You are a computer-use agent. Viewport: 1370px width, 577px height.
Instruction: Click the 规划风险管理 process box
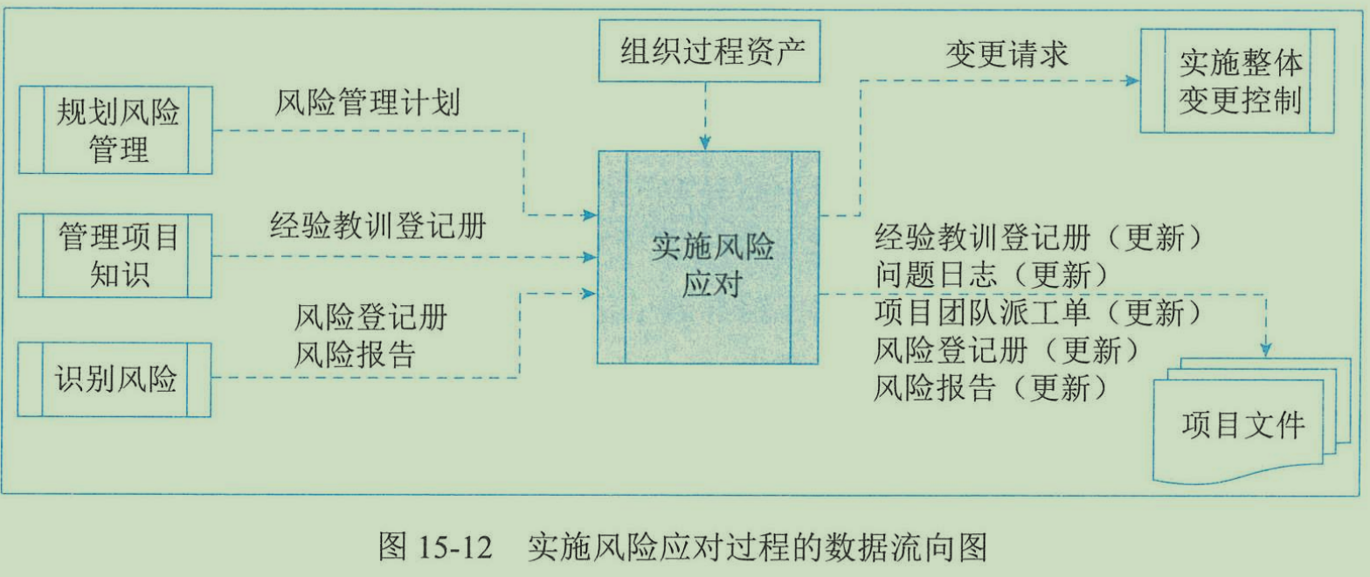click(x=115, y=130)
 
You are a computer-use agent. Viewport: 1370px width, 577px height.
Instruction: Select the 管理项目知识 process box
click(x=115, y=255)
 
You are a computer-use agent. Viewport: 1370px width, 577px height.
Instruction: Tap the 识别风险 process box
click(x=115, y=379)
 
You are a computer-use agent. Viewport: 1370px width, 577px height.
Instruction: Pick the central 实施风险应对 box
click(x=709, y=257)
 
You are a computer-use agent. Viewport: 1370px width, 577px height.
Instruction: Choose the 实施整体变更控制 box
click(x=1236, y=81)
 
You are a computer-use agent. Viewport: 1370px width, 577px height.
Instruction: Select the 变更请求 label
click(x=1007, y=54)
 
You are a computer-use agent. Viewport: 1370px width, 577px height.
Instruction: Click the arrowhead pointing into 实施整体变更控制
click(x=1132, y=81)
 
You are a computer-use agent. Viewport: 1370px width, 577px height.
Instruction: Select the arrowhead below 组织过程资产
click(x=705, y=143)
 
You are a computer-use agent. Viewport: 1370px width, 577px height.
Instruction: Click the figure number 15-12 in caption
click(x=460, y=549)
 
